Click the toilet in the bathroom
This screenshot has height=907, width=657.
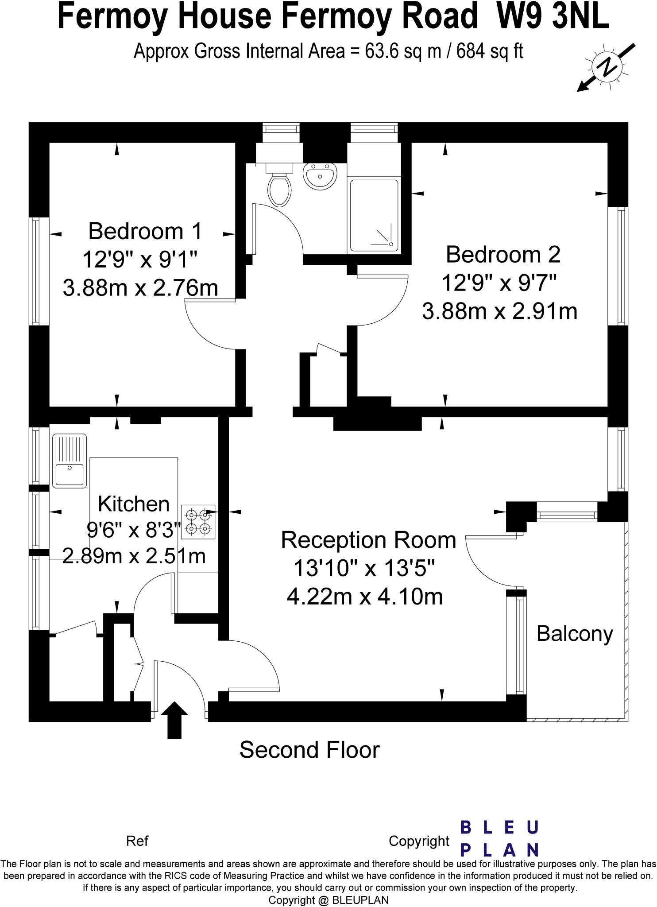pyautogui.click(x=279, y=186)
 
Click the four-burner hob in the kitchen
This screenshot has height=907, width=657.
pyautogui.click(x=198, y=522)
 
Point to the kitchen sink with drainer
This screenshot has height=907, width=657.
pyautogui.click(x=70, y=461)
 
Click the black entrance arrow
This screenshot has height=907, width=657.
pyautogui.click(x=174, y=719)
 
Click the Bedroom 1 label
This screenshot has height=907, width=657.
pyautogui.click(x=145, y=231)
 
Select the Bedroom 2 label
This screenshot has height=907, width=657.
pyautogui.click(x=503, y=255)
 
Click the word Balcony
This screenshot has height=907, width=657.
pyautogui.click(x=575, y=634)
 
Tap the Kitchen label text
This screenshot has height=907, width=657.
pyautogui.click(x=134, y=504)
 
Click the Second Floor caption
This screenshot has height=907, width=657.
pyautogui.click(x=309, y=750)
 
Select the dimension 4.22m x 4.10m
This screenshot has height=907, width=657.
pyautogui.click(x=365, y=596)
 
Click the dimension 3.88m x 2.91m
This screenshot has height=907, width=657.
pyautogui.click(x=500, y=311)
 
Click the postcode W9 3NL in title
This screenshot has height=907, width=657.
pyautogui.click(x=553, y=16)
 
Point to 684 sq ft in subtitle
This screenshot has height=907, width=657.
pyautogui.click(x=490, y=52)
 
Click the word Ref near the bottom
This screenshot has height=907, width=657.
pyautogui.click(x=137, y=841)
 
